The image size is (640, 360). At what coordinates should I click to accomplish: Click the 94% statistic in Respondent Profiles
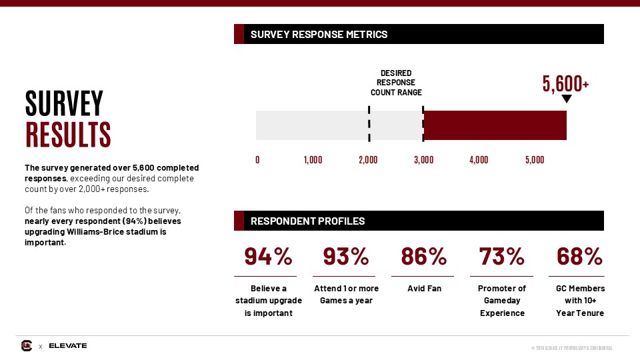(x=267, y=256)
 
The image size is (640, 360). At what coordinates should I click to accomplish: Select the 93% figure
(x=345, y=256)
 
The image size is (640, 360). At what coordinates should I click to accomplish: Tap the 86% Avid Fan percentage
(x=423, y=256)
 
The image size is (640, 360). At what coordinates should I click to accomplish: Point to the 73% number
(x=502, y=256)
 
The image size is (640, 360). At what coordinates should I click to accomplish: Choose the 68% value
(x=579, y=256)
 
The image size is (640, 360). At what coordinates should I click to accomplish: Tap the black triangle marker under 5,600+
(x=567, y=99)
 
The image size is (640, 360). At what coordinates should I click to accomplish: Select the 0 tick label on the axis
(x=258, y=160)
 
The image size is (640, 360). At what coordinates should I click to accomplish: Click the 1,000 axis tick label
(x=313, y=160)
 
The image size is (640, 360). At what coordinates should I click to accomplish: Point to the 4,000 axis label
(x=479, y=160)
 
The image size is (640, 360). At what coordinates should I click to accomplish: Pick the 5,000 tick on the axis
(x=534, y=160)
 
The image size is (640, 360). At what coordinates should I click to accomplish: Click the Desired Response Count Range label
(x=396, y=83)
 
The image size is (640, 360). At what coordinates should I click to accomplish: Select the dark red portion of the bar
(x=495, y=125)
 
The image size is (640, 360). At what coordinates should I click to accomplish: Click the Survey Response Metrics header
(x=319, y=35)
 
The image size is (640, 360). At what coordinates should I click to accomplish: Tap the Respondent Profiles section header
(x=307, y=221)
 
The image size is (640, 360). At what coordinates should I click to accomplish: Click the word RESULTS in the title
(x=68, y=134)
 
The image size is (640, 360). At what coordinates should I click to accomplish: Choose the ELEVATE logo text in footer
(x=68, y=345)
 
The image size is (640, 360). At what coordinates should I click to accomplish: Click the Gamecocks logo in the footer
(x=27, y=345)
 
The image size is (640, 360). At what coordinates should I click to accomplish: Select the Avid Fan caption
(x=424, y=289)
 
